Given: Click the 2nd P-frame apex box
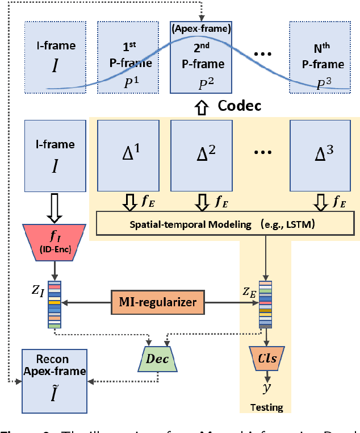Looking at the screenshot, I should (x=201, y=58).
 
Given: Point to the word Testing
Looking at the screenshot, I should (x=265, y=407).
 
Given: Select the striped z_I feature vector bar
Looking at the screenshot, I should (x=55, y=305).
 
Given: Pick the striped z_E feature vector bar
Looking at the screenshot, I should (x=265, y=305).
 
